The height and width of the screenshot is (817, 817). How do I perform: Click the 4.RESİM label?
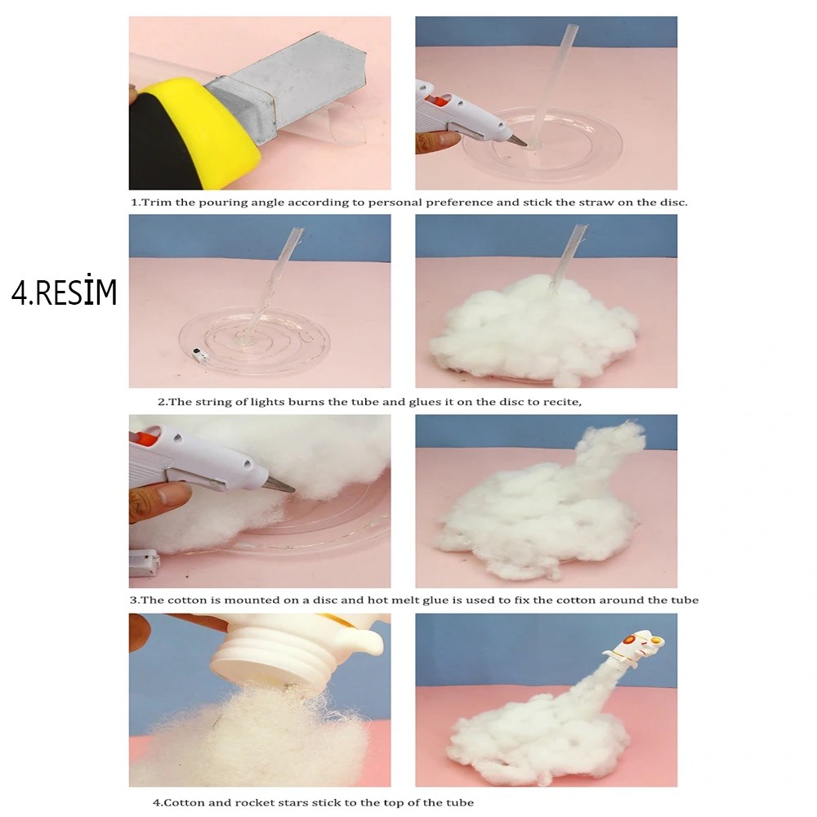(64, 292)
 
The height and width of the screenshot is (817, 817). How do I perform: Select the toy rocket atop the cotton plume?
(636, 649)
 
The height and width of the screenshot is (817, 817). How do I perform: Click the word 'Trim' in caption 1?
(156, 202)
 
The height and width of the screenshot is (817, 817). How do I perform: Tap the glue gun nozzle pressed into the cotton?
(279, 485)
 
